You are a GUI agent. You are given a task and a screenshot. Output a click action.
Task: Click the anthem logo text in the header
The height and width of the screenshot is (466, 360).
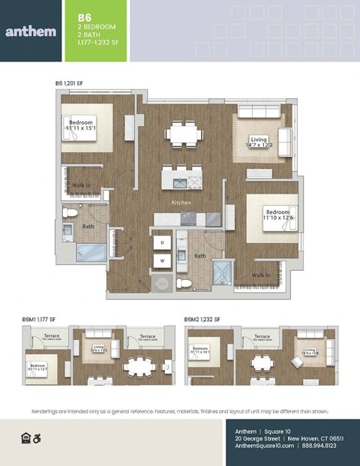pyautogui.click(x=30, y=32)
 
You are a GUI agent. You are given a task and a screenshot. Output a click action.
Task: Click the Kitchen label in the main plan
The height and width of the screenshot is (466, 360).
pyautogui.click(x=181, y=203)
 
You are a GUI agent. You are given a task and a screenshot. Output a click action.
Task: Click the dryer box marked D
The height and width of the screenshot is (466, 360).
pyautogui.click(x=161, y=243)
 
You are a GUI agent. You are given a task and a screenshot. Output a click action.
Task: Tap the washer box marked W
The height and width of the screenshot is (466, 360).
pyautogui.click(x=161, y=261)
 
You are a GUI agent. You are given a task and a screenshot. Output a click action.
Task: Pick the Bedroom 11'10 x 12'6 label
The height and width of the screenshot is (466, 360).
pyautogui.click(x=276, y=216)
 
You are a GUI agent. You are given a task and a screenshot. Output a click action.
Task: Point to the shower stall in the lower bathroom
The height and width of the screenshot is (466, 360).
pyautogui.click(x=223, y=272)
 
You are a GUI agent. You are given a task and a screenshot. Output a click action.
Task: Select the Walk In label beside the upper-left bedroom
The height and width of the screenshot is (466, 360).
pyautogui.click(x=82, y=185)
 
